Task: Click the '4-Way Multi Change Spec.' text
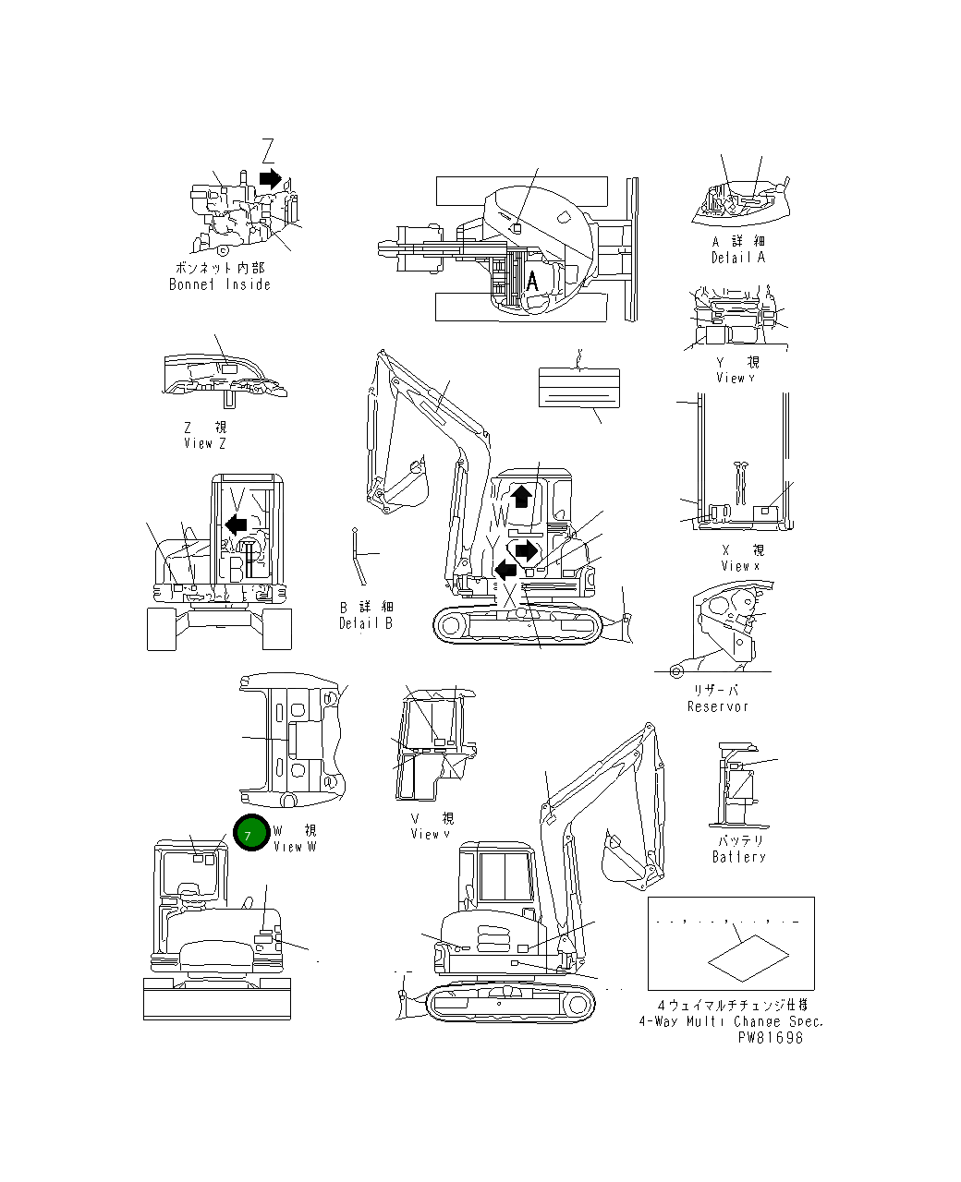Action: [x=730, y=1021]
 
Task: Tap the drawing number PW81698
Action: [x=770, y=1037]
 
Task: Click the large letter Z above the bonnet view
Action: [x=267, y=151]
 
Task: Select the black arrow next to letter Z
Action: [x=270, y=177]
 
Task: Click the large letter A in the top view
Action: [x=532, y=282]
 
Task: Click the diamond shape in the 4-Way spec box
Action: [x=748, y=958]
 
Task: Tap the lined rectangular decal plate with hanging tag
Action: [x=578, y=386]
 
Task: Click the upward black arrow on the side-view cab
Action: [x=521, y=496]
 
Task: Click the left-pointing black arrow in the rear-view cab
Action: [x=236, y=525]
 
